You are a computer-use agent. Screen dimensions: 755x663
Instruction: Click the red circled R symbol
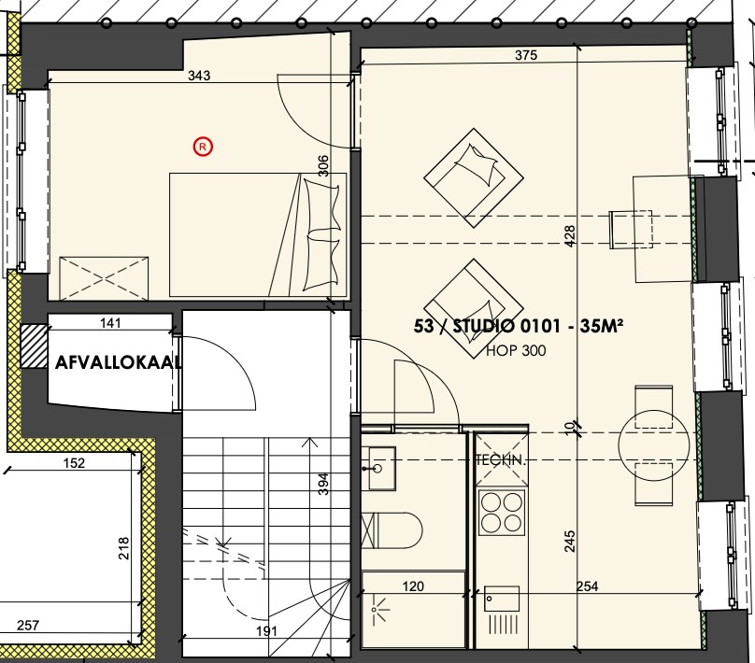tap(203, 147)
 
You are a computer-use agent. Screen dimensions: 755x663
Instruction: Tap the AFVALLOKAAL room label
tap(119, 362)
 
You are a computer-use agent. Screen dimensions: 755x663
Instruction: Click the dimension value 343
tap(199, 76)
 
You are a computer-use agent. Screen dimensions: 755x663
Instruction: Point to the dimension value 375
tap(526, 55)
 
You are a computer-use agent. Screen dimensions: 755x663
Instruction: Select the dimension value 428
tap(570, 236)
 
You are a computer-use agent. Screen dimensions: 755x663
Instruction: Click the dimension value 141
tap(110, 323)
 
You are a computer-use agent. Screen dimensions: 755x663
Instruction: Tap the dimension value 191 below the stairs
tap(266, 630)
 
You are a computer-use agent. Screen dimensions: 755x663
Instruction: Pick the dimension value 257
tap(28, 626)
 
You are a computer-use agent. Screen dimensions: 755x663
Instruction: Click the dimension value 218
tap(123, 548)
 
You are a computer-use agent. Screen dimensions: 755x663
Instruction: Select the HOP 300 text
tap(516, 350)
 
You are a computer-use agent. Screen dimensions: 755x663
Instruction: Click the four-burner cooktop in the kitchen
tap(501, 512)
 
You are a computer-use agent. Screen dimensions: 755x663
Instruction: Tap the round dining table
tap(654, 445)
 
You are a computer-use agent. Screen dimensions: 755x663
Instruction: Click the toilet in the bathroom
tap(392, 530)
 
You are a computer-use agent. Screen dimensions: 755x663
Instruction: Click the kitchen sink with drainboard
tap(502, 611)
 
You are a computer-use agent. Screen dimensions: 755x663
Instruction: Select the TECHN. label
tap(500, 460)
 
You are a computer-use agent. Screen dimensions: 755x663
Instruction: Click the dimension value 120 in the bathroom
tap(413, 586)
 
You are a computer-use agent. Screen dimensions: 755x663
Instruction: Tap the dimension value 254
tap(588, 586)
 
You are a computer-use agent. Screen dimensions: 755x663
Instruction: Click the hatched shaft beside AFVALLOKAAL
tap(35, 346)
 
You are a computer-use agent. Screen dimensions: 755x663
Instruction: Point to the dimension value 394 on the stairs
tap(324, 484)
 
